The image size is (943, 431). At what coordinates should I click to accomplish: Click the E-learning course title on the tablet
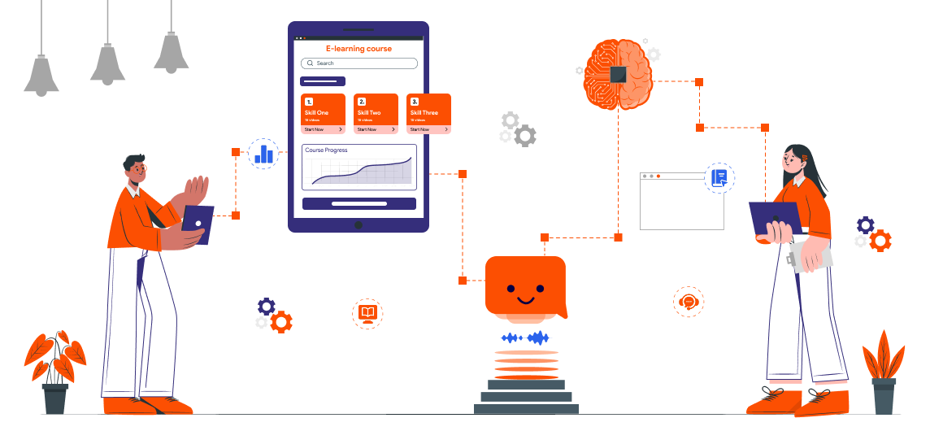click(359, 49)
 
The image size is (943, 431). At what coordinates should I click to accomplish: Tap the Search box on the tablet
click(359, 63)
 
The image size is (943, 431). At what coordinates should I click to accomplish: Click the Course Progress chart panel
click(359, 168)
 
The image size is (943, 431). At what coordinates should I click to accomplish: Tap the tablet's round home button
click(358, 225)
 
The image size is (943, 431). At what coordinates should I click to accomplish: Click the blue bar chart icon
click(263, 153)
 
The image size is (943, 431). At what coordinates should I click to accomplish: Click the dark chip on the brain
click(619, 74)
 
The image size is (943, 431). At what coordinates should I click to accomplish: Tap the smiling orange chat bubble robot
click(524, 286)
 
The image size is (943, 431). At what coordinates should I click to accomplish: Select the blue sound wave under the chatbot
click(525, 337)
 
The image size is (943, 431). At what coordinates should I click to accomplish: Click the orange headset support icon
click(689, 302)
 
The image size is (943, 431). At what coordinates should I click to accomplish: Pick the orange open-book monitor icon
click(367, 313)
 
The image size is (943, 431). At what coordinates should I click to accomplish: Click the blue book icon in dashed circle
click(719, 177)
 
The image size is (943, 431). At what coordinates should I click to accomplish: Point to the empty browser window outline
click(681, 203)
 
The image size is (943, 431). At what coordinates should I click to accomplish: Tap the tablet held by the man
click(198, 224)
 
